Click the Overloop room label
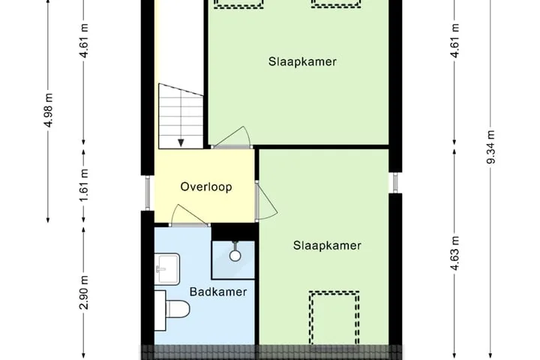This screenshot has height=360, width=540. (206, 187)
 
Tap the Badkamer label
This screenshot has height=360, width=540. (218, 292)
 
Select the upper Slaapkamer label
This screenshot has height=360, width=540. (302, 62)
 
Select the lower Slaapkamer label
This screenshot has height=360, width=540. (327, 246)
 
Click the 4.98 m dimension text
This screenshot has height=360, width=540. (49, 110)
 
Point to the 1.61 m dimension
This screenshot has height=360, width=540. (85, 185)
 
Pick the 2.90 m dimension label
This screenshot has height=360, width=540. (84, 292)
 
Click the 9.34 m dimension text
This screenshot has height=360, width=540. (491, 147)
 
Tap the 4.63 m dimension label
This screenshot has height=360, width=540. (455, 253)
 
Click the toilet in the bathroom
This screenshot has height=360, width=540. (172, 309)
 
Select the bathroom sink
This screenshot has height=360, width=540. (167, 269)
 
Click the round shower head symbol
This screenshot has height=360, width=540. (235, 255)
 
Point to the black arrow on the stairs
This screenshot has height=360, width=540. (181, 142)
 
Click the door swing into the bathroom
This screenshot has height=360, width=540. (189, 216)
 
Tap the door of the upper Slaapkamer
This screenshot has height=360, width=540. (231, 137)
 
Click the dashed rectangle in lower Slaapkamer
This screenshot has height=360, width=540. (334, 318)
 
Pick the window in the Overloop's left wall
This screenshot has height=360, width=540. (148, 193)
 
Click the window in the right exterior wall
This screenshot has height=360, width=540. (395, 182)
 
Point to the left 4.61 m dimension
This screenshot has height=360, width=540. (85, 40)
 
